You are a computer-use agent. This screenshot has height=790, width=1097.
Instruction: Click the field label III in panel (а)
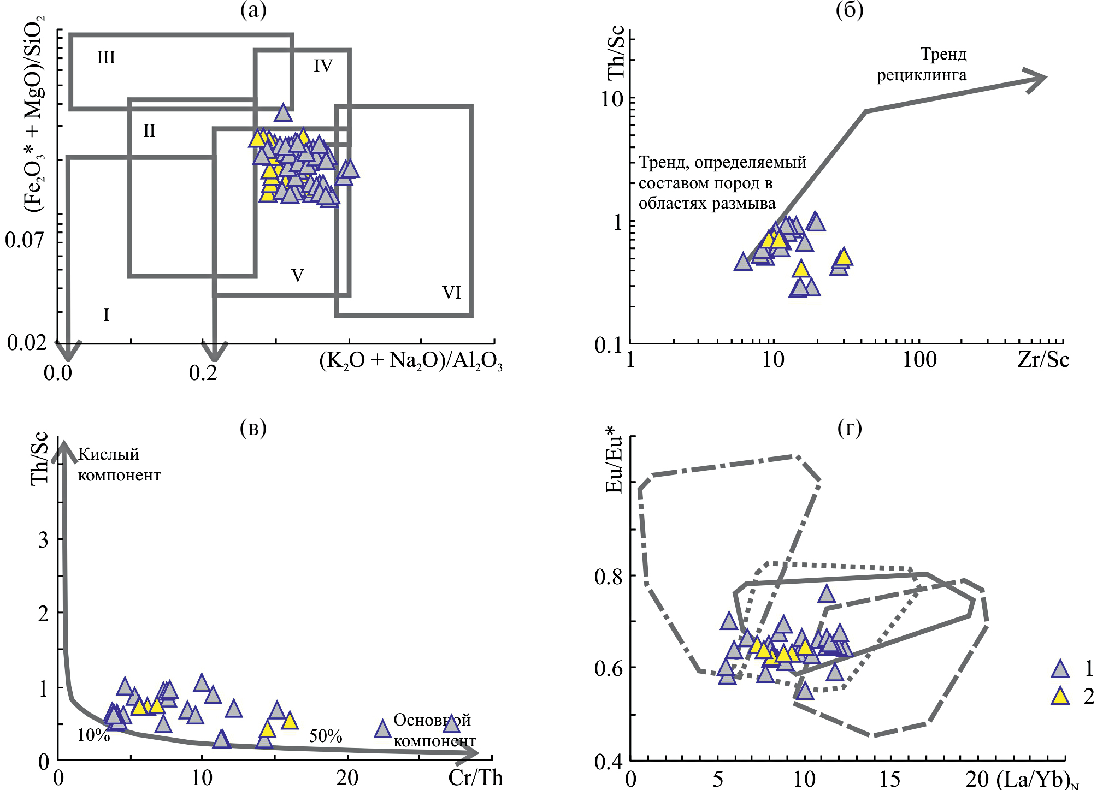point(106,57)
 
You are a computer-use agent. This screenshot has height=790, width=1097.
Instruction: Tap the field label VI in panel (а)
point(452,293)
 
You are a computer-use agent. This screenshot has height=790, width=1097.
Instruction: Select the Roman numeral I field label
point(107,314)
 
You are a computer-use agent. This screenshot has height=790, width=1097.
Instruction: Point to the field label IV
point(323,66)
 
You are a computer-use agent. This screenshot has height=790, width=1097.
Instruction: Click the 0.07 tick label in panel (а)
point(25,240)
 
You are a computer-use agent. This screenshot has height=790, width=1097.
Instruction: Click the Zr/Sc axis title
point(1043,360)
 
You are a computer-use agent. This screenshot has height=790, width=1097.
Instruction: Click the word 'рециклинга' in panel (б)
point(922,75)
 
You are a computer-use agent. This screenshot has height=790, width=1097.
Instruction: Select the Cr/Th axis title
point(475,777)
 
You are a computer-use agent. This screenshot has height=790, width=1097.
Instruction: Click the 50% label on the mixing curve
point(326,736)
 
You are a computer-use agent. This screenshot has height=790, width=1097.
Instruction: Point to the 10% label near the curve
point(93,735)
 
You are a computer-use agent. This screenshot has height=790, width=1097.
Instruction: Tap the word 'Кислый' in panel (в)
point(109,454)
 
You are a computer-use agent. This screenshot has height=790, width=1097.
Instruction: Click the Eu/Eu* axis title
point(614,464)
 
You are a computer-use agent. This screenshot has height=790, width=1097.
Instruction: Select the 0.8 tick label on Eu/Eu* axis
point(609,577)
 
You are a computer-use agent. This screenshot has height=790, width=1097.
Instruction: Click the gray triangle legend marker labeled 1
point(1060,669)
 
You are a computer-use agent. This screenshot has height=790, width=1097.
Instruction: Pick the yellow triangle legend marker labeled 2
point(1060,696)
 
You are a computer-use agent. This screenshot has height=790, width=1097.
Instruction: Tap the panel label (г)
point(850,429)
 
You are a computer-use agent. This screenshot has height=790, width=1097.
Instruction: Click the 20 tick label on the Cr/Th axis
point(347,777)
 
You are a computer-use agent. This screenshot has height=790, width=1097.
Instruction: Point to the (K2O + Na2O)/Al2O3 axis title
point(411,361)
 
